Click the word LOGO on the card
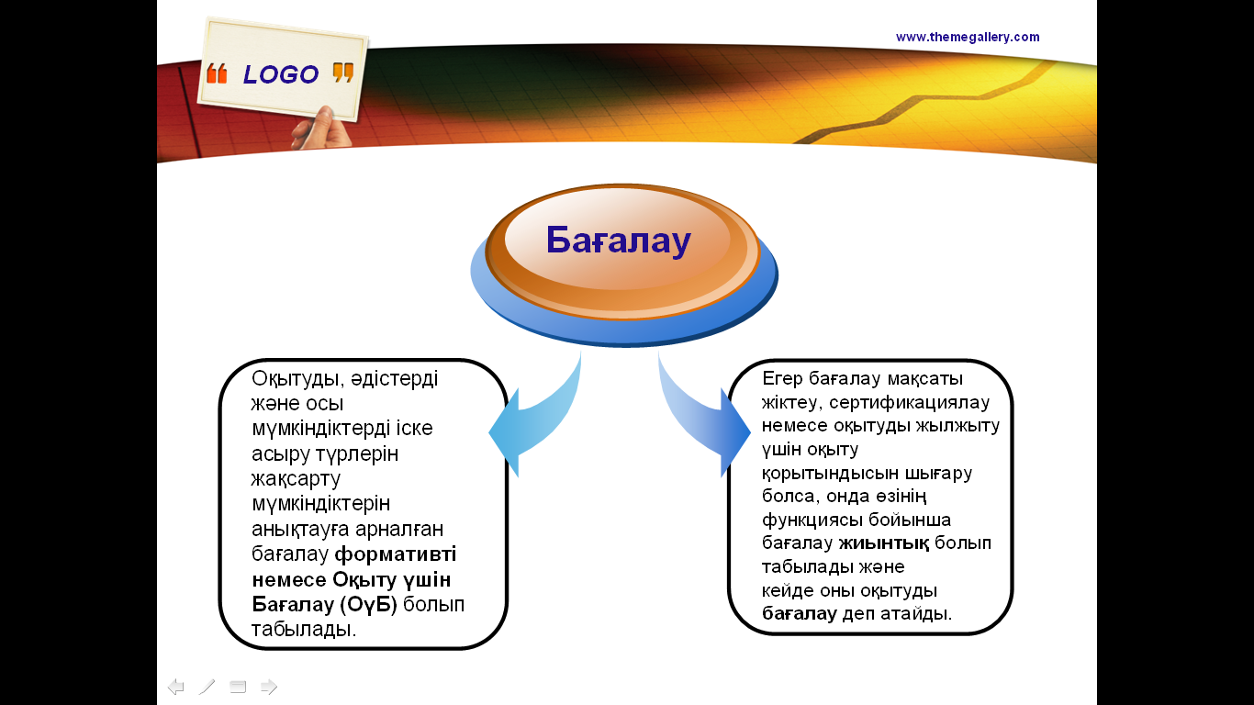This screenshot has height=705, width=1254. pyautogui.click(x=281, y=74)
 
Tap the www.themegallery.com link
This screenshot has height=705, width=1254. pyautogui.click(x=968, y=37)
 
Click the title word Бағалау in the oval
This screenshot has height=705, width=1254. pyautogui.click(x=618, y=241)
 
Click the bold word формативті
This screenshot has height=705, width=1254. pyautogui.click(x=396, y=554)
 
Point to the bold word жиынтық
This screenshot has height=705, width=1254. pyautogui.click(x=884, y=543)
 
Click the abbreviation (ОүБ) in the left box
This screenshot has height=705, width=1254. pyautogui.click(x=368, y=604)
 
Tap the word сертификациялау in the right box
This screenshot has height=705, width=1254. pyautogui.click(x=909, y=402)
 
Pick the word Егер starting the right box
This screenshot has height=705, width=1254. pyautogui.click(x=782, y=379)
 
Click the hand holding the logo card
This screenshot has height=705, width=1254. pyautogui.click(x=320, y=129)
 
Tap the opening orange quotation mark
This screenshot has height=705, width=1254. pyautogui.click(x=217, y=73)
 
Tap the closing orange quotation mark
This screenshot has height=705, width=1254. pyautogui.click(x=343, y=73)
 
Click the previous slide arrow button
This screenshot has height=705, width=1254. pyautogui.click(x=175, y=686)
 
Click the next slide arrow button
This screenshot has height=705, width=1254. pyautogui.click(x=269, y=686)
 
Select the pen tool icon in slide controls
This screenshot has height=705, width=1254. pyautogui.click(x=207, y=687)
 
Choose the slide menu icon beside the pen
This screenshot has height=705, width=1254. pyautogui.click(x=238, y=687)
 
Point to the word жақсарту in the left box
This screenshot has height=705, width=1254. pyautogui.click(x=296, y=479)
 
